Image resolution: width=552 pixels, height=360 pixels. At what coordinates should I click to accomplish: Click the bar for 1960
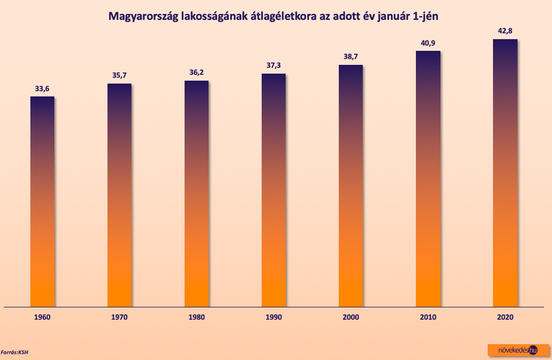pyautogui.click(x=42, y=202)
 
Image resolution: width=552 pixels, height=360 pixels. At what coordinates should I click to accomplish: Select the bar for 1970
pyautogui.click(x=119, y=195)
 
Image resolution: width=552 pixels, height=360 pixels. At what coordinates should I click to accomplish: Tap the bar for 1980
pyautogui.click(x=196, y=193)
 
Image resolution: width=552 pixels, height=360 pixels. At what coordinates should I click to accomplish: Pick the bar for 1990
pyautogui.click(x=273, y=190)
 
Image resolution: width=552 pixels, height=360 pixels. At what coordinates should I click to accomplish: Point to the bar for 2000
pyautogui.click(x=350, y=186)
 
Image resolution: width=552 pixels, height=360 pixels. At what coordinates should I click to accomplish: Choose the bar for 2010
pyautogui.click(x=428, y=179)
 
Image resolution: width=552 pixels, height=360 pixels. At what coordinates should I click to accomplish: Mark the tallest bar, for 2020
pyautogui.click(x=505, y=173)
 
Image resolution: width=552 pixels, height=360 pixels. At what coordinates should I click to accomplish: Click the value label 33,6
pyautogui.click(x=42, y=89)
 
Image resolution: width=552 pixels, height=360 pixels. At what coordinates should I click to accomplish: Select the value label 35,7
pyautogui.click(x=119, y=75)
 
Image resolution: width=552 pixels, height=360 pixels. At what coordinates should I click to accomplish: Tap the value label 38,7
pyautogui.click(x=350, y=57)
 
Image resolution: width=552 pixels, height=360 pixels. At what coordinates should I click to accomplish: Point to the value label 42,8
pyautogui.click(x=505, y=31)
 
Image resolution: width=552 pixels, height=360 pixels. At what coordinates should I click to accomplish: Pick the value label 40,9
pyautogui.click(x=428, y=43)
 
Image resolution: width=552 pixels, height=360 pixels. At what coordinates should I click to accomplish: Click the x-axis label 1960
pyautogui.click(x=42, y=317)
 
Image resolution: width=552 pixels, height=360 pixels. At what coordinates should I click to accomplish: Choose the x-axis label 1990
pyautogui.click(x=273, y=317)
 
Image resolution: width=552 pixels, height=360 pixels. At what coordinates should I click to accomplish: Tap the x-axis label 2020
pyautogui.click(x=505, y=317)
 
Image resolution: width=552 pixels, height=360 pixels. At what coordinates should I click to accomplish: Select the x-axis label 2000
pyautogui.click(x=350, y=317)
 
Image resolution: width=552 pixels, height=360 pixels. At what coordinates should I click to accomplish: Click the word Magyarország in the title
pyautogui.click(x=144, y=17)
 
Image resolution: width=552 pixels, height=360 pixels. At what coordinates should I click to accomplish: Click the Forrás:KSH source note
pyautogui.click(x=15, y=352)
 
